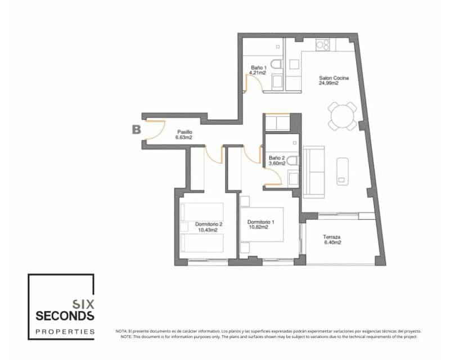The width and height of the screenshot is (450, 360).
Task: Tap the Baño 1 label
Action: tap(258, 67)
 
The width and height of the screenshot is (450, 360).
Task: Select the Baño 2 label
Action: tap(277, 157)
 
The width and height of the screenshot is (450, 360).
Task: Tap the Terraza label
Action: tap(331, 237)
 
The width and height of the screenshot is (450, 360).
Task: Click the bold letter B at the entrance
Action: tap(136, 130)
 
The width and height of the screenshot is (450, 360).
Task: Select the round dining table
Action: tap(343, 116)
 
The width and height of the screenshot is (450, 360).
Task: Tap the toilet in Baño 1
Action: tap(277, 65)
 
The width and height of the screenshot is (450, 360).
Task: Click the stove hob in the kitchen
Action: tap(323, 44)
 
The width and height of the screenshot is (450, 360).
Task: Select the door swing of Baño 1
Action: tap(253, 84)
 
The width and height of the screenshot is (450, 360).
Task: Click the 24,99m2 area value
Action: tap(328, 83)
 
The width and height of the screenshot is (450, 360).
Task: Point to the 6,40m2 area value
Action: tap(331, 244)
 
